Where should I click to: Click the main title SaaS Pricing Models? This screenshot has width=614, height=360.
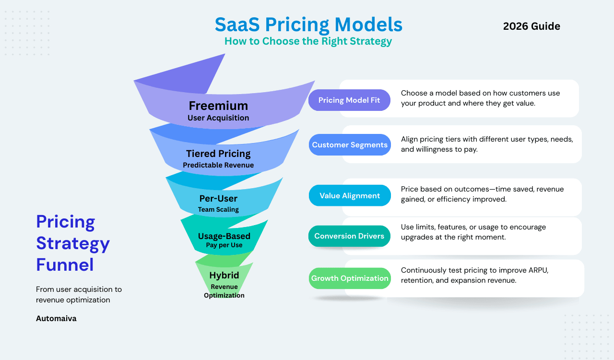pos(308,24)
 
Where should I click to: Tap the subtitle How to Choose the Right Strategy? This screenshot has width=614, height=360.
pos(308,41)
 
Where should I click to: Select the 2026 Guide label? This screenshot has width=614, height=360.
pos(531,26)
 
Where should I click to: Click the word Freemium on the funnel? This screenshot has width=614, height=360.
pos(218,106)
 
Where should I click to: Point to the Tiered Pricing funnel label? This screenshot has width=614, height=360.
pos(218,154)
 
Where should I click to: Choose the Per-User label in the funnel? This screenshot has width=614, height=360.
pos(218,198)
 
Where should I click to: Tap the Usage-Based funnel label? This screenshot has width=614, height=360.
pos(224,236)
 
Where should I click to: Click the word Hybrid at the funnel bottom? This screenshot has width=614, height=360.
pos(224,276)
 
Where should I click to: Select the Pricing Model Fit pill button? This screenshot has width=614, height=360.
pos(349,100)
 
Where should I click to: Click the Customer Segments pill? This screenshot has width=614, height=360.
pos(350,145)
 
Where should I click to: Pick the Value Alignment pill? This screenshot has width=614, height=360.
pos(350,195)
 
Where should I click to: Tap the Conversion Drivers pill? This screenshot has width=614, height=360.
pos(349,236)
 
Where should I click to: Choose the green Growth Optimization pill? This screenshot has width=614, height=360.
pos(350,278)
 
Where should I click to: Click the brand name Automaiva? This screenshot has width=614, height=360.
pos(56,318)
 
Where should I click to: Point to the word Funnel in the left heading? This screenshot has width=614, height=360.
pos(65,265)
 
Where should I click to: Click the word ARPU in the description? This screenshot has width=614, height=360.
pos(537,270)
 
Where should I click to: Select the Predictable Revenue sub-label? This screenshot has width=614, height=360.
pos(218,165)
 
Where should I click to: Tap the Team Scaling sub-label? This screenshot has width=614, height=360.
pos(218,209)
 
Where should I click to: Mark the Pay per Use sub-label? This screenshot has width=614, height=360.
pos(224,245)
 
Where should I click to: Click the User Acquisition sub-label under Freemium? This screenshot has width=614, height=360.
pos(218,118)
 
